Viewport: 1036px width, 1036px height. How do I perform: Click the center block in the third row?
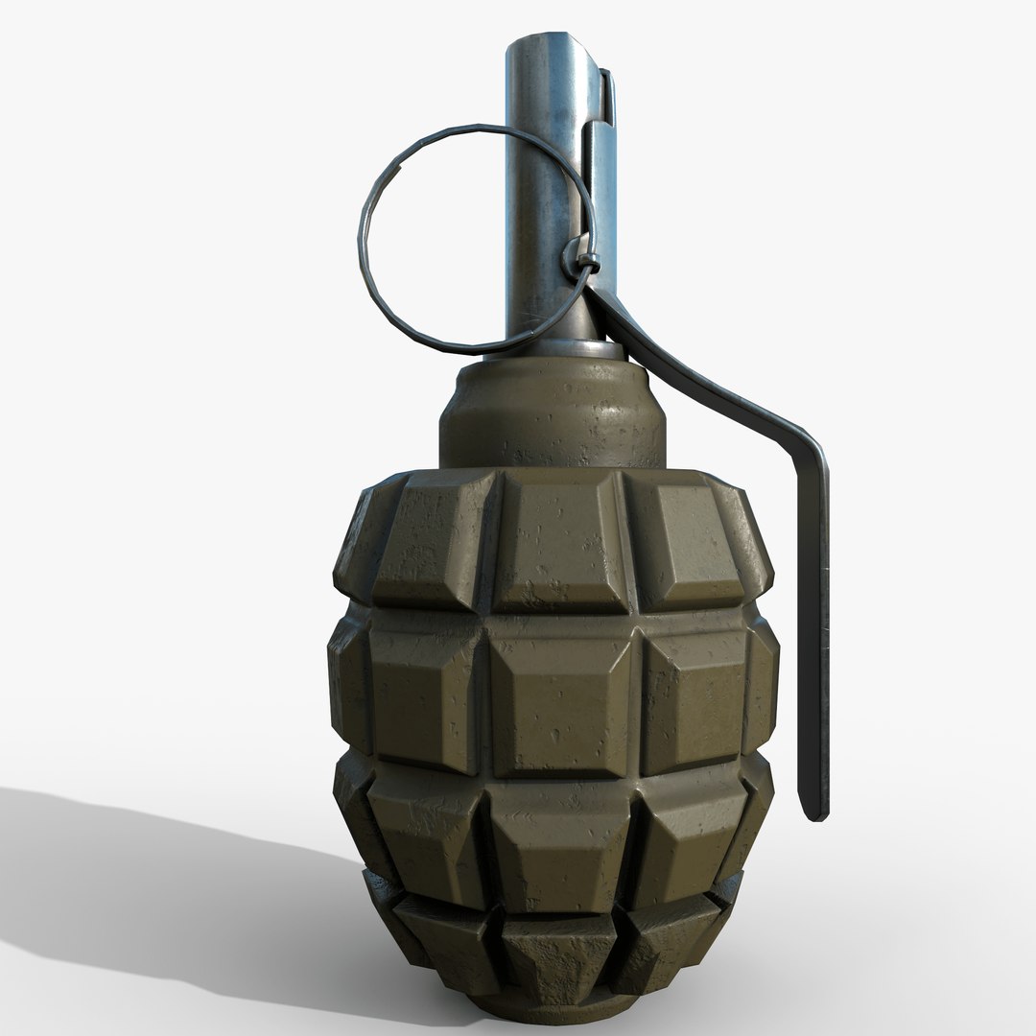562,844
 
